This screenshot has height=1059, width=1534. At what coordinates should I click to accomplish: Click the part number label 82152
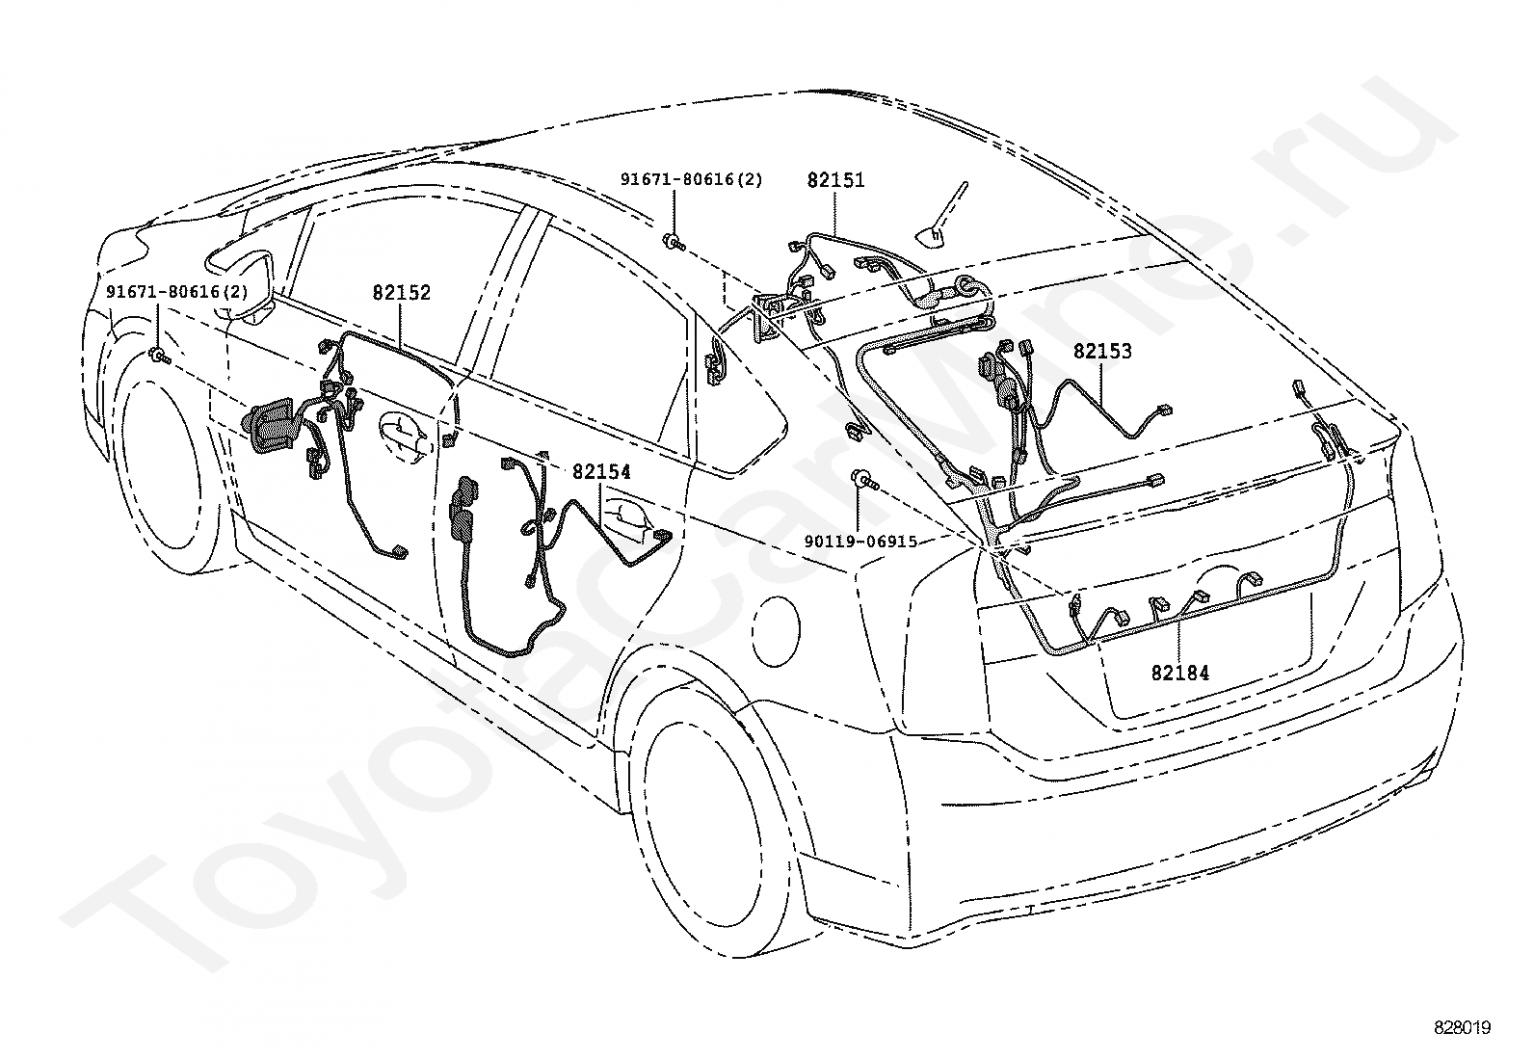click(x=401, y=293)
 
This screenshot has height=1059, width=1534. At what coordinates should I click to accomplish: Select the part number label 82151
click(x=835, y=180)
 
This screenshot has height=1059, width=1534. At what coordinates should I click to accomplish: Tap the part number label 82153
click(x=1102, y=352)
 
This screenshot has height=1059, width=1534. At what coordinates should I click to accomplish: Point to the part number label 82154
click(x=601, y=472)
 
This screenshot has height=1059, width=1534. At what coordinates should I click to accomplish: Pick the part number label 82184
click(x=1179, y=673)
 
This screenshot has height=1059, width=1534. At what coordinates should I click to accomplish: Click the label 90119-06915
click(x=861, y=543)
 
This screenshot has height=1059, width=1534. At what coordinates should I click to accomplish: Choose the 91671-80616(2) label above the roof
click(x=691, y=180)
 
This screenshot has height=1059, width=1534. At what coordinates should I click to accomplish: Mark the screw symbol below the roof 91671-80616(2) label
click(x=673, y=241)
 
